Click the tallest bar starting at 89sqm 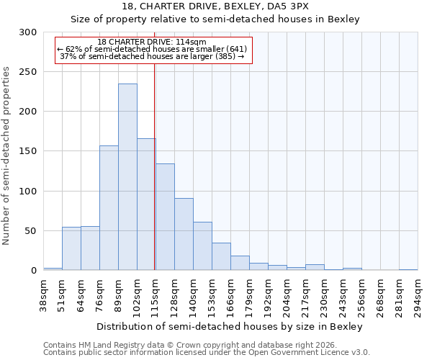[127, 177]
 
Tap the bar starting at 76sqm [109, 208]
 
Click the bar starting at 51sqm [71, 249]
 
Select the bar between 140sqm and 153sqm [202, 246]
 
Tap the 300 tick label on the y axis [28, 32]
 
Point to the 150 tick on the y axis [28, 151]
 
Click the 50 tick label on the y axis [31, 231]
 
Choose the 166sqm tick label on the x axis [231, 294]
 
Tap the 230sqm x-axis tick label [325, 294]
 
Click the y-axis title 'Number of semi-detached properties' [7, 156]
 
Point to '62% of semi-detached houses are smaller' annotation [152, 49]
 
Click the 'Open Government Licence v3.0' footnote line [207, 353]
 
